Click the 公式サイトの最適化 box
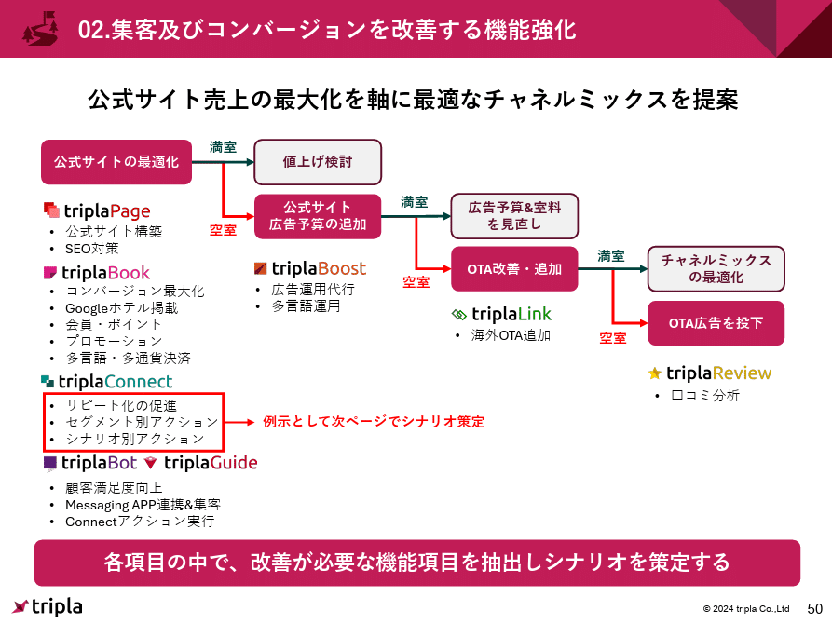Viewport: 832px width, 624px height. (116, 162)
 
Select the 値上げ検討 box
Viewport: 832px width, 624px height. (318, 162)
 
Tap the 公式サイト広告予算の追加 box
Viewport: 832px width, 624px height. (318, 216)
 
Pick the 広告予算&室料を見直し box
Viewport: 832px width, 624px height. (514, 216)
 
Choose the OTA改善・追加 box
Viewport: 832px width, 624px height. (514, 269)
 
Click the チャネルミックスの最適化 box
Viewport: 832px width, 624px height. (716, 269)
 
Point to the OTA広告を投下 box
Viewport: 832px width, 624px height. (716, 323)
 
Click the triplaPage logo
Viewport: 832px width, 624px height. (97, 210)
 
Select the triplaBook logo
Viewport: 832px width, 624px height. (96, 273)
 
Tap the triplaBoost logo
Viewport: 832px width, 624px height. (310, 268)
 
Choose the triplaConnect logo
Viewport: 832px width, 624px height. (107, 382)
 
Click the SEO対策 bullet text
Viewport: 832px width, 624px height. (91, 249)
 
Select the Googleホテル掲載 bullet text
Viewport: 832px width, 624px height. (121, 308)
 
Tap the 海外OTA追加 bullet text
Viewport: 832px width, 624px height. (511, 335)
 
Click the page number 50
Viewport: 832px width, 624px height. (814, 607)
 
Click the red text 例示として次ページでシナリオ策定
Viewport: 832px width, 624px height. (374, 422)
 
